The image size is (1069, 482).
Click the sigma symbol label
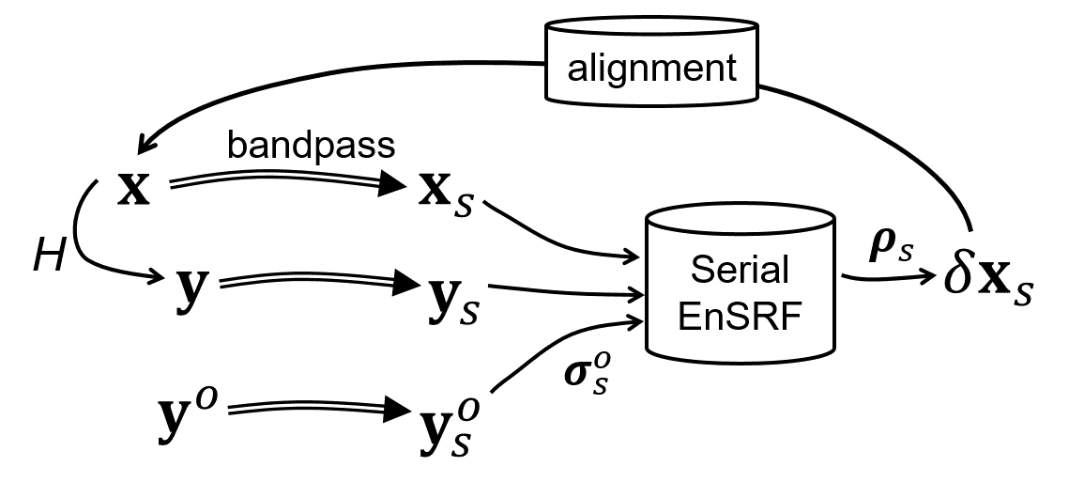coord(582,371)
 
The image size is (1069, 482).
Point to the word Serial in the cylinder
coord(739,272)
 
